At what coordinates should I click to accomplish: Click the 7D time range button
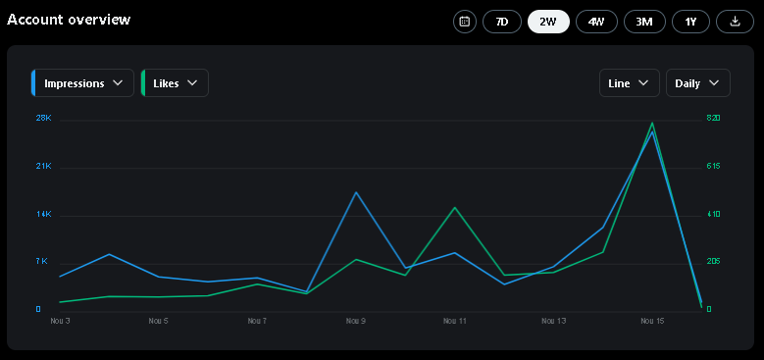click(x=502, y=22)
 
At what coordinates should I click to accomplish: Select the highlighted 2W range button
click(x=548, y=22)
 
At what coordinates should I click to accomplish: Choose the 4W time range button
click(x=596, y=22)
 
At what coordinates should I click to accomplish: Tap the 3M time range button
click(x=644, y=22)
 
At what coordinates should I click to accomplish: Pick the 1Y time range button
click(x=690, y=22)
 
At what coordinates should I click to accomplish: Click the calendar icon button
click(x=465, y=22)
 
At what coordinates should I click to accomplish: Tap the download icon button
click(x=736, y=22)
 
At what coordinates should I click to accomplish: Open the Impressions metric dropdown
click(x=82, y=83)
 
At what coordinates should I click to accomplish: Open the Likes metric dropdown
click(x=175, y=83)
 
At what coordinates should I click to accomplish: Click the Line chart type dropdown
click(x=629, y=83)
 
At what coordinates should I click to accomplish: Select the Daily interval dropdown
click(x=697, y=83)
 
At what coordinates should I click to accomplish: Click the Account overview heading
click(x=69, y=20)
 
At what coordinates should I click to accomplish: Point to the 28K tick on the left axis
click(x=43, y=118)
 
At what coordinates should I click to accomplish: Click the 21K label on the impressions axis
click(x=43, y=166)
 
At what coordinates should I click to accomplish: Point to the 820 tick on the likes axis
click(x=713, y=118)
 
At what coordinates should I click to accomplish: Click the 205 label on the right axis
click(x=713, y=262)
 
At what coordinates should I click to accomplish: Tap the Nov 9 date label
click(x=356, y=321)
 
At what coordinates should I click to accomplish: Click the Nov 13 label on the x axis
click(x=553, y=321)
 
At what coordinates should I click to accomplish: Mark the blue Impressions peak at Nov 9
click(x=356, y=192)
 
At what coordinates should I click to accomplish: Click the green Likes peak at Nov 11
click(x=455, y=208)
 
